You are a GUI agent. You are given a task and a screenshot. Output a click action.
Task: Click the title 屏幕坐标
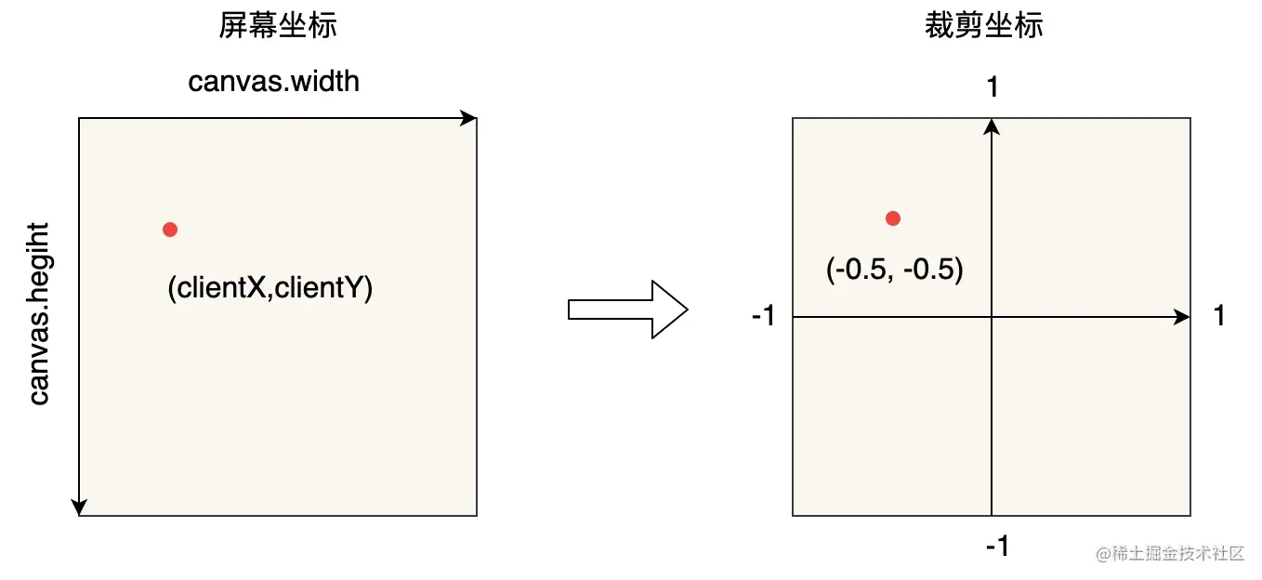tap(277, 25)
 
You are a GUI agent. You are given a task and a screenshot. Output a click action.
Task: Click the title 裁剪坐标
tap(983, 25)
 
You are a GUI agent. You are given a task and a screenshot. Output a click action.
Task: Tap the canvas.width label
tap(273, 82)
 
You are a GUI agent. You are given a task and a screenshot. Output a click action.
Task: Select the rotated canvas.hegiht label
tap(39, 313)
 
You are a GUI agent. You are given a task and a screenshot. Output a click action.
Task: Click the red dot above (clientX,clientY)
tap(169, 230)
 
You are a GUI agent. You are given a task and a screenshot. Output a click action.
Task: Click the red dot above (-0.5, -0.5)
tap(893, 218)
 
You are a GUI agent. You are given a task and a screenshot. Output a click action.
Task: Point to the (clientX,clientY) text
tap(269, 288)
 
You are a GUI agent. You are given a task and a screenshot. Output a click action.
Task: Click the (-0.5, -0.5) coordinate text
tap(894, 270)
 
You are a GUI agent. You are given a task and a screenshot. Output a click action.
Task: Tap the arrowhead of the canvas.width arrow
tap(469, 118)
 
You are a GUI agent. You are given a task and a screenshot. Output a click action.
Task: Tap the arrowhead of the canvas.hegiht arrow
tap(79, 507)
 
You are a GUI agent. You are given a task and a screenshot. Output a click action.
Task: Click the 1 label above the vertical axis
tap(993, 87)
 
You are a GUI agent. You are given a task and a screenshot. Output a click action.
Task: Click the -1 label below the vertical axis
tap(996, 546)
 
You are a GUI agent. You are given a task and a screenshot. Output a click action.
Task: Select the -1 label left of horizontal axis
tap(763, 317)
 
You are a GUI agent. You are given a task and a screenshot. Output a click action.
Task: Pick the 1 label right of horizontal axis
tap(1219, 317)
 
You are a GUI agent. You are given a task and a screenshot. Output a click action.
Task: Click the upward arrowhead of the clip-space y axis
tap(993, 125)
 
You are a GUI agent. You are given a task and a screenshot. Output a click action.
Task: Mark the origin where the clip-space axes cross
tap(993, 317)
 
